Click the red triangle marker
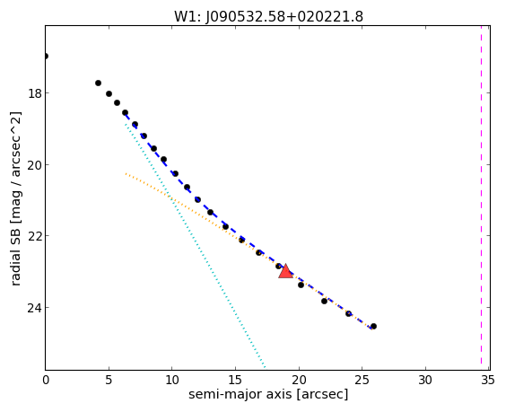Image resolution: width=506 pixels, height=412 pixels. point(286,271)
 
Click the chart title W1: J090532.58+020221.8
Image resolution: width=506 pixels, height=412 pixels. point(268,17)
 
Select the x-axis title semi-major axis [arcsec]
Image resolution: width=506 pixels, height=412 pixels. point(268,395)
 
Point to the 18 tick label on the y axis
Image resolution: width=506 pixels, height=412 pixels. point(34,93)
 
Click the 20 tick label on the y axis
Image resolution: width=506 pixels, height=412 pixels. point(34,165)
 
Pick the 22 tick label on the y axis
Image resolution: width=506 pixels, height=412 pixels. point(34,236)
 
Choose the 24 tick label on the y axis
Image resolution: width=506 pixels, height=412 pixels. point(34,308)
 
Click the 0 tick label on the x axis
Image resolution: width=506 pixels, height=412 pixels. point(46,381)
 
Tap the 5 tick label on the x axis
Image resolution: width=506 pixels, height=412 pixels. point(109,381)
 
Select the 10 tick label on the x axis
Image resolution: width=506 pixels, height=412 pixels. point(172,381)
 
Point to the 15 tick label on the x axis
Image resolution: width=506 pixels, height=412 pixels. point(235,381)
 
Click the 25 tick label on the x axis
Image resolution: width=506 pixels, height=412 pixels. point(362,381)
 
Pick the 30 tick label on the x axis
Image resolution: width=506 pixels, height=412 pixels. point(425,381)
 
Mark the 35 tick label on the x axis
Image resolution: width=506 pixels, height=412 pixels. point(487,381)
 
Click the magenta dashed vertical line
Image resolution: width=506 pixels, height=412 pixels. point(481,197)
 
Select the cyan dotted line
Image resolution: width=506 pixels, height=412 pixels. point(195,245)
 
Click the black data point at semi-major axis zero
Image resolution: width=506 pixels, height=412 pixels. point(45,57)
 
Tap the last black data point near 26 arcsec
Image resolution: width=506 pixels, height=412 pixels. point(373,327)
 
